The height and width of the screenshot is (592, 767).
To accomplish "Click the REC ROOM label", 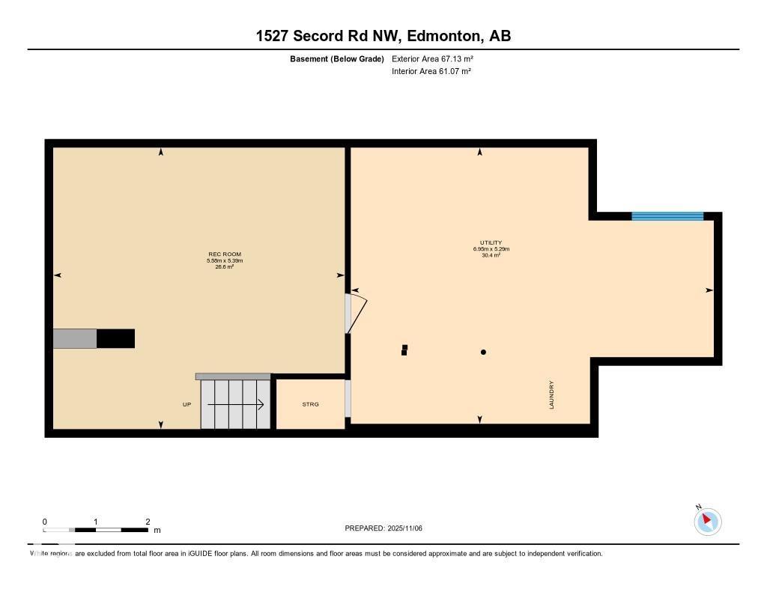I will [225, 254].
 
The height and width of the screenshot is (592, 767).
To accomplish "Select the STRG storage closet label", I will [310, 404].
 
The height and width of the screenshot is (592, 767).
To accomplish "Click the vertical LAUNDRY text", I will [552, 394].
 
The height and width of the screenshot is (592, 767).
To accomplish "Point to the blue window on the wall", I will [667, 216].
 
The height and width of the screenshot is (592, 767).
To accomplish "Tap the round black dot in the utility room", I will [484, 352].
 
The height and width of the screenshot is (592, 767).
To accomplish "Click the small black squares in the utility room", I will [404, 350].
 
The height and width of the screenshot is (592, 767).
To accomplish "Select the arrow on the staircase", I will [235, 405].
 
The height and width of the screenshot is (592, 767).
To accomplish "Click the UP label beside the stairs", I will [187, 405].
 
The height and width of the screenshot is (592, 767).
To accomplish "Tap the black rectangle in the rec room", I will [116, 338].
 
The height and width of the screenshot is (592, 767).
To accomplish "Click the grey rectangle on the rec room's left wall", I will [75, 338].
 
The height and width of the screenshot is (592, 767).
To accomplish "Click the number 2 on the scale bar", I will [148, 522].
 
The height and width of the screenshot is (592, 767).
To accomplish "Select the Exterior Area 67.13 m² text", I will [432, 58].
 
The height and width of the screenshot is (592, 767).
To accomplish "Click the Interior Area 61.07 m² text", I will [431, 71].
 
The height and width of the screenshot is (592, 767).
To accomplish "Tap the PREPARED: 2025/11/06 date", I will [383, 528].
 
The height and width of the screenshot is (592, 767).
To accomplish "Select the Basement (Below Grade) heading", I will [337, 58].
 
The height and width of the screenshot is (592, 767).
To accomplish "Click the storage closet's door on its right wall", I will [348, 398].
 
